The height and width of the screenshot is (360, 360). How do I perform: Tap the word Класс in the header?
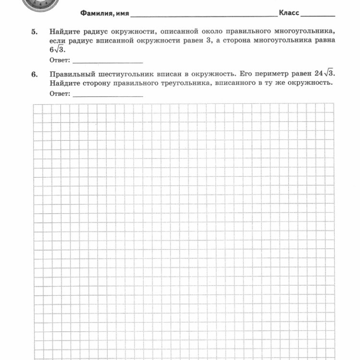(x=288, y=12)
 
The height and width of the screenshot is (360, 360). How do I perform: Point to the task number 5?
(x=34, y=32)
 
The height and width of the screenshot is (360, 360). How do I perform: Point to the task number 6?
(x=34, y=74)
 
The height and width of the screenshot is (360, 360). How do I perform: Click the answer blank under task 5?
(x=108, y=61)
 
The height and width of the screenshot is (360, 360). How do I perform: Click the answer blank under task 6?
(x=108, y=95)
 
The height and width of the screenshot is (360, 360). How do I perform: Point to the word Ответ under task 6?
(x=60, y=94)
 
